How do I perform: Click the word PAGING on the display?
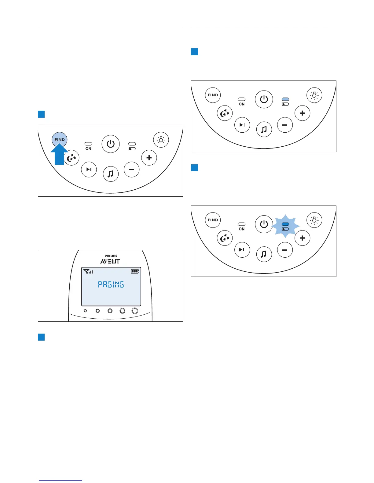click(x=111, y=284)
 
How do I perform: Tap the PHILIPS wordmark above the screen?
click(x=111, y=256)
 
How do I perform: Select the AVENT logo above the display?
click(x=110, y=261)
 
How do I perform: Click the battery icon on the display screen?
click(x=135, y=271)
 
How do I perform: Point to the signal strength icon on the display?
click(x=88, y=271)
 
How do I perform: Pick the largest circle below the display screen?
click(x=135, y=311)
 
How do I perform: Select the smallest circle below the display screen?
click(x=85, y=311)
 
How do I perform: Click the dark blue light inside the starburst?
click(x=285, y=224)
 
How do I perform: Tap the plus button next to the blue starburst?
click(x=302, y=238)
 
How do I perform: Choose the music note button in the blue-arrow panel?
click(x=111, y=174)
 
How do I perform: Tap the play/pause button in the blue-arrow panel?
click(x=89, y=170)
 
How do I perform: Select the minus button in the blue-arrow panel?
click(x=132, y=170)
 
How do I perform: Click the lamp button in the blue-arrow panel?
click(x=161, y=140)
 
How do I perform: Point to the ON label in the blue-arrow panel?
click(x=88, y=149)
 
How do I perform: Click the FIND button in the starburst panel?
click(x=213, y=220)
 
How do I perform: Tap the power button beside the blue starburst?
click(x=264, y=224)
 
